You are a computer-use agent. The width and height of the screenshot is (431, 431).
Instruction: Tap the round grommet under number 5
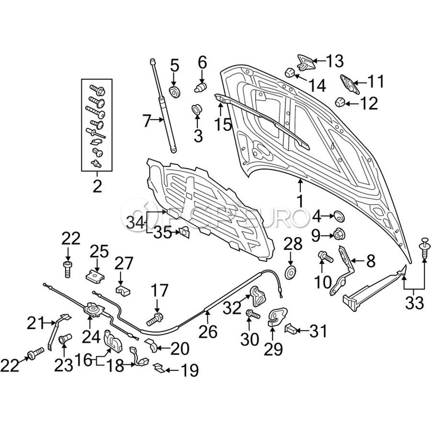click(x=174, y=92)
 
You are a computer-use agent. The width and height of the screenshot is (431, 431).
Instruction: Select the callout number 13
click(x=335, y=61)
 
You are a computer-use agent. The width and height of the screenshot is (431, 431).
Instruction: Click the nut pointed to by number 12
click(x=340, y=102)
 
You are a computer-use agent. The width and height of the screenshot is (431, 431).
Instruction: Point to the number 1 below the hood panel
click(x=300, y=201)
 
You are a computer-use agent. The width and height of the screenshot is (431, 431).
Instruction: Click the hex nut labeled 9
click(x=339, y=234)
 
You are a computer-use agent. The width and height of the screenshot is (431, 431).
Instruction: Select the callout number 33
click(x=414, y=303)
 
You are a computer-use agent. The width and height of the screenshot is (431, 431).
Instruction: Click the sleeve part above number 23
click(x=65, y=339)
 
